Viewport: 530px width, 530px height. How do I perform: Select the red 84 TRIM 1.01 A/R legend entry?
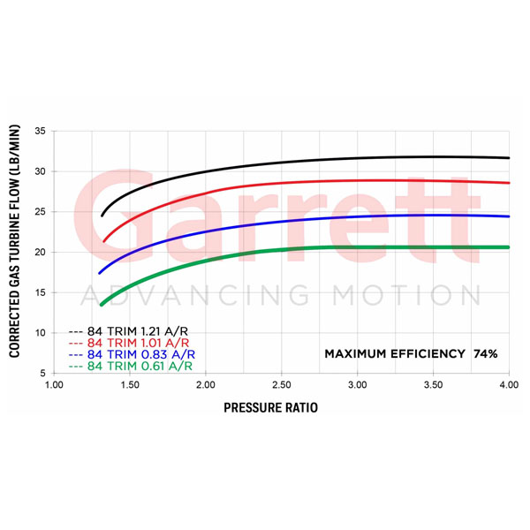(x=132, y=341)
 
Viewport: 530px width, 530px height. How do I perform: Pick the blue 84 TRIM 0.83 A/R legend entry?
(x=132, y=353)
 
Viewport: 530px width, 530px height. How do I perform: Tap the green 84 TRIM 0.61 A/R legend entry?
(x=132, y=366)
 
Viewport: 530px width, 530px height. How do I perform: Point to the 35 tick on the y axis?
(x=41, y=131)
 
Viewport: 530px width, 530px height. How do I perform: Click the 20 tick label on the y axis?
(x=41, y=252)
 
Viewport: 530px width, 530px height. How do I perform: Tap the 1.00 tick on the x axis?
(x=54, y=385)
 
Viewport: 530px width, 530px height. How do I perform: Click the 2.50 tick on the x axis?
(x=282, y=385)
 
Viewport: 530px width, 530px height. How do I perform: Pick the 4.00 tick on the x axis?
(x=509, y=385)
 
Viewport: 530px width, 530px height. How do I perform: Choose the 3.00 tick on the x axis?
(x=357, y=385)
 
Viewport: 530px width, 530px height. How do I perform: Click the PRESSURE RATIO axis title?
(x=269, y=408)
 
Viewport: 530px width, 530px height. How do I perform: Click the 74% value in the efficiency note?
(x=485, y=353)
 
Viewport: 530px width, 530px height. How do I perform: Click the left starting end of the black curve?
(x=102, y=215)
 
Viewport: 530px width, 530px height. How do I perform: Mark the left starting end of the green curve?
(x=101, y=305)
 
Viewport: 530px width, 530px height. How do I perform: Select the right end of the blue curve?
(x=509, y=216)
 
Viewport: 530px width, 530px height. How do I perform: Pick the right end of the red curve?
(x=509, y=183)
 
